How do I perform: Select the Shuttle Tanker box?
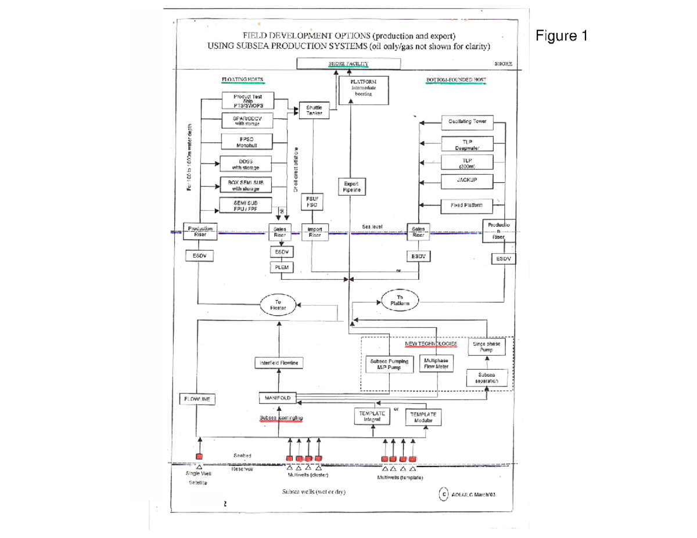[x=314, y=110]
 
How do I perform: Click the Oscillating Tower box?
[x=470, y=122]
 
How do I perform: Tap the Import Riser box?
[x=314, y=232]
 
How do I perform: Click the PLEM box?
[x=281, y=268]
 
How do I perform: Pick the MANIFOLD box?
[x=277, y=398]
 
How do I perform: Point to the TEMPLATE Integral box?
[x=372, y=416]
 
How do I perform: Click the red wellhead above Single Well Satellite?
[x=199, y=457]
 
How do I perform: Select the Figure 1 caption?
[x=561, y=37]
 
